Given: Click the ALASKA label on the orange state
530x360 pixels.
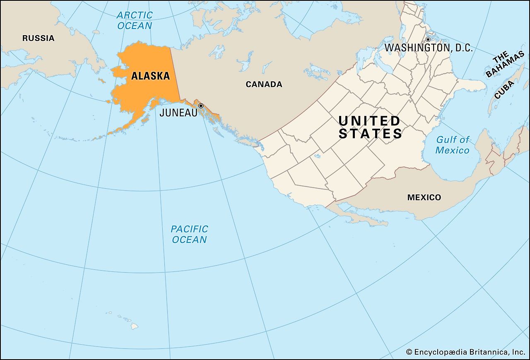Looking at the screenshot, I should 150,76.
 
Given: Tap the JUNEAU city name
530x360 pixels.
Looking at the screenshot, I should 178,113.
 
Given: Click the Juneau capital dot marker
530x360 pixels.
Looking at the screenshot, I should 201,106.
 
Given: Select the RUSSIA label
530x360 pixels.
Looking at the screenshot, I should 38,38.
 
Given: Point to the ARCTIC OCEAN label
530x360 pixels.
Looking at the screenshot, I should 135,20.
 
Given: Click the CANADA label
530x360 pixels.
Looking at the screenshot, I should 264,84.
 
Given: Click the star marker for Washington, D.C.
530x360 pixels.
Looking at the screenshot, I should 428,39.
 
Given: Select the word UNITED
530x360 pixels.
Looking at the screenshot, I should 369,121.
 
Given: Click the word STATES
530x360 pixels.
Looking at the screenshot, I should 370,134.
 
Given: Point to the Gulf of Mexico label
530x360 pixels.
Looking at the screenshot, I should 453,145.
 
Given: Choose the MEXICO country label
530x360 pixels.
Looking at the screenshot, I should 424,197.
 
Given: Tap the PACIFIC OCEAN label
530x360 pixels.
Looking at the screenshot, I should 189,234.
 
